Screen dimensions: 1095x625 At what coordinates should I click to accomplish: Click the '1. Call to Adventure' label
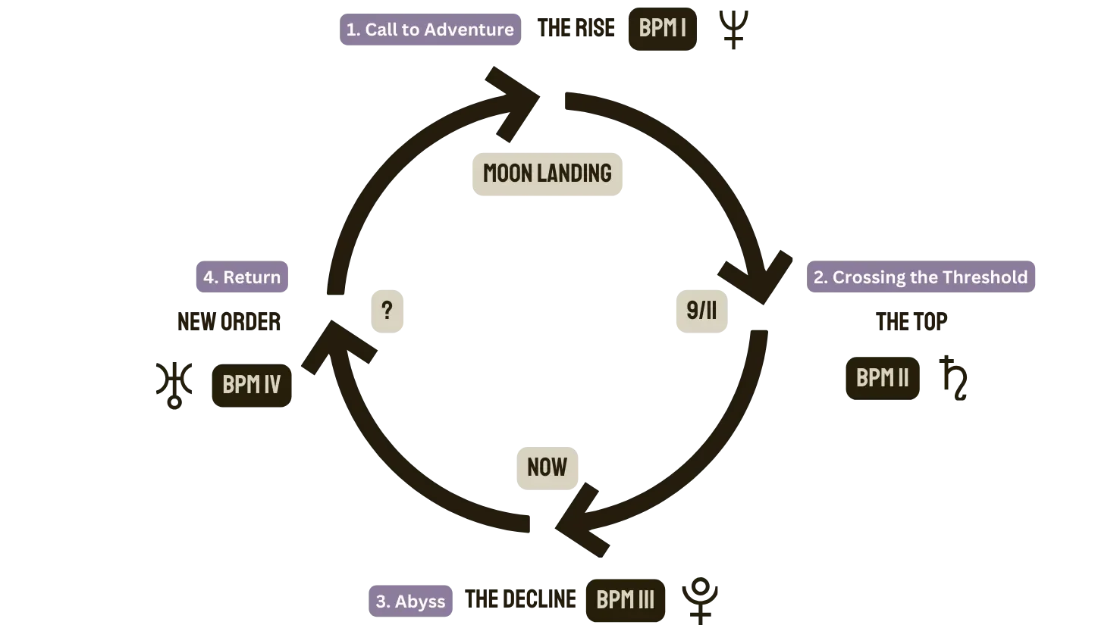pyautogui.click(x=430, y=30)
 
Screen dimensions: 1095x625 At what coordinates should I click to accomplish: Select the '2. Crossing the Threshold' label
pyautogui.click(x=921, y=277)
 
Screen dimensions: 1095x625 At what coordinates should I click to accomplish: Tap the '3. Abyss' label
pyautogui.click(x=410, y=602)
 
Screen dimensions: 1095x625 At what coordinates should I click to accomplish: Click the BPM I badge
pyautogui.click(x=662, y=29)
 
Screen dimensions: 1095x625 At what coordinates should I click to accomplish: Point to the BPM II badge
pyautogui.click(x=882, y=377)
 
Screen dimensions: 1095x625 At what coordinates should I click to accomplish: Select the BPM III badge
pyautogui.click(x=625, y=600)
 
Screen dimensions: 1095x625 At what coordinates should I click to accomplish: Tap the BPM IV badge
pyautogui.click(x=251, y=385)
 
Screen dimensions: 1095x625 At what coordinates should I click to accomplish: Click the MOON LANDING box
pyautogui.click(x=547, y=173)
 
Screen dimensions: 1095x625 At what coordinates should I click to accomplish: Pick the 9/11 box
pyautogui.click(x=701, y=311)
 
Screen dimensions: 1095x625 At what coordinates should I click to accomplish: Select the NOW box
pyautogui.click(x=547, y=467)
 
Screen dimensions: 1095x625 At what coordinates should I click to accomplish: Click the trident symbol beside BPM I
pyautogui.click(x=734, y=29)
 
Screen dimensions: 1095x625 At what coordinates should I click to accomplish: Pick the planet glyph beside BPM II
pyautogui.click(x=953, y=377)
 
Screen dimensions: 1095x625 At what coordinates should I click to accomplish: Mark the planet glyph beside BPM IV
pyautogui.click(x=173, y=383)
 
